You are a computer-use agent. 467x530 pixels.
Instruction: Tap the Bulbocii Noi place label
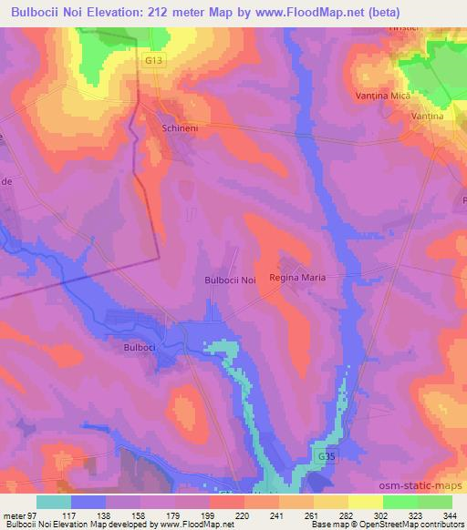[x=229, y=280]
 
